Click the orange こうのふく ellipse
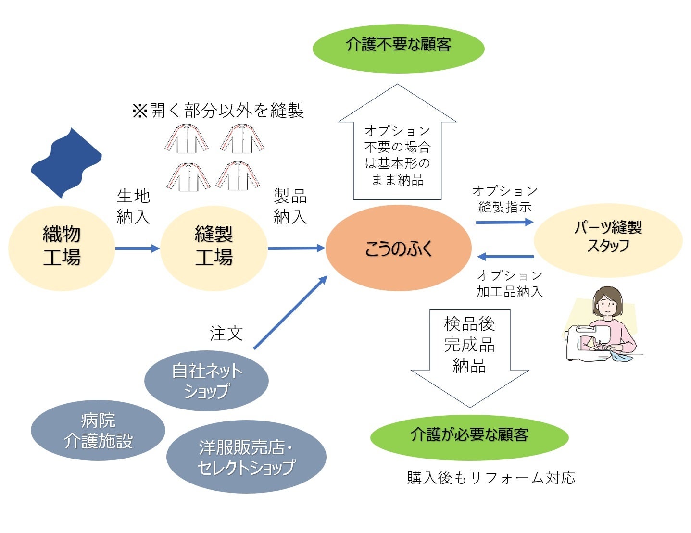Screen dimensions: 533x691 tap(398, 248)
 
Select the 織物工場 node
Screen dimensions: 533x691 tap(62, 248)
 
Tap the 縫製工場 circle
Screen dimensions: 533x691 tap(214, 248)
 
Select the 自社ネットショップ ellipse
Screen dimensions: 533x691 tap(206, 381)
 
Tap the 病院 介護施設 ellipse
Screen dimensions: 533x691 tap(98, 431)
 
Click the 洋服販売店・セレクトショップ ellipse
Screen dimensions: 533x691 tap(246, 457)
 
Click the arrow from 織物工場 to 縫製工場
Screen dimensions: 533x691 tap(138, 248)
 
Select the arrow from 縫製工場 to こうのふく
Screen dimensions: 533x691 tap(296, 248)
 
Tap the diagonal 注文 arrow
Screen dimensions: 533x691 tap(290, 312)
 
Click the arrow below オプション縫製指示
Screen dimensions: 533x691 tap(504, 222)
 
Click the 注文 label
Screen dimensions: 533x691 tap(226, 333)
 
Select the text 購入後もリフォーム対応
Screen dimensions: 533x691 tap(491, 478)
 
